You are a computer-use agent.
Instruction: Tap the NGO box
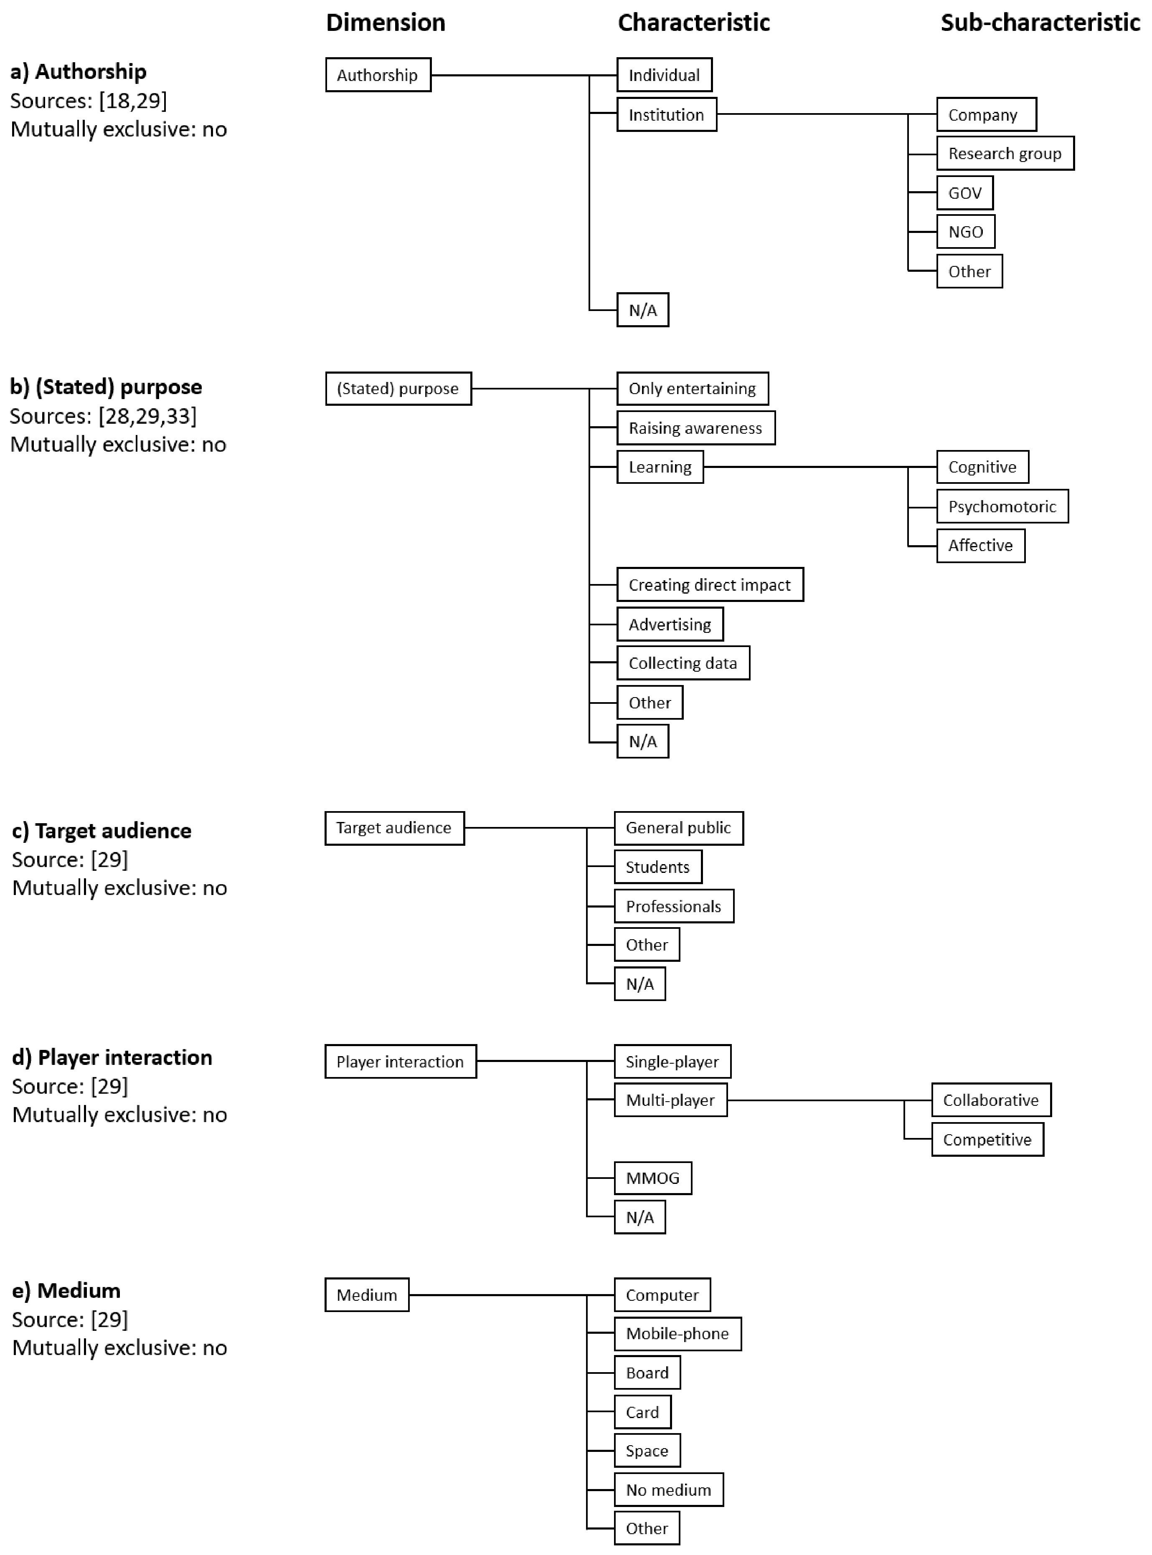[x=965, y=232]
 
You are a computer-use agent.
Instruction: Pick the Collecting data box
[x=683, y=663]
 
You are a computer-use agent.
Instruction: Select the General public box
[x=678, y=828]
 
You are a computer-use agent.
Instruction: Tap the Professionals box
[x=674, y=906]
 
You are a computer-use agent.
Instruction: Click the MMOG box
[x=653, y=1178]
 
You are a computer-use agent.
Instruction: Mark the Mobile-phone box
[x=677, y=1333]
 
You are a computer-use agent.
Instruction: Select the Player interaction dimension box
[x=400, y=1062]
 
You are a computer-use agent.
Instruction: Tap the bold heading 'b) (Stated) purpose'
[x=106, y=387]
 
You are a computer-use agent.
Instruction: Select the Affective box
[x=980, y=546]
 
